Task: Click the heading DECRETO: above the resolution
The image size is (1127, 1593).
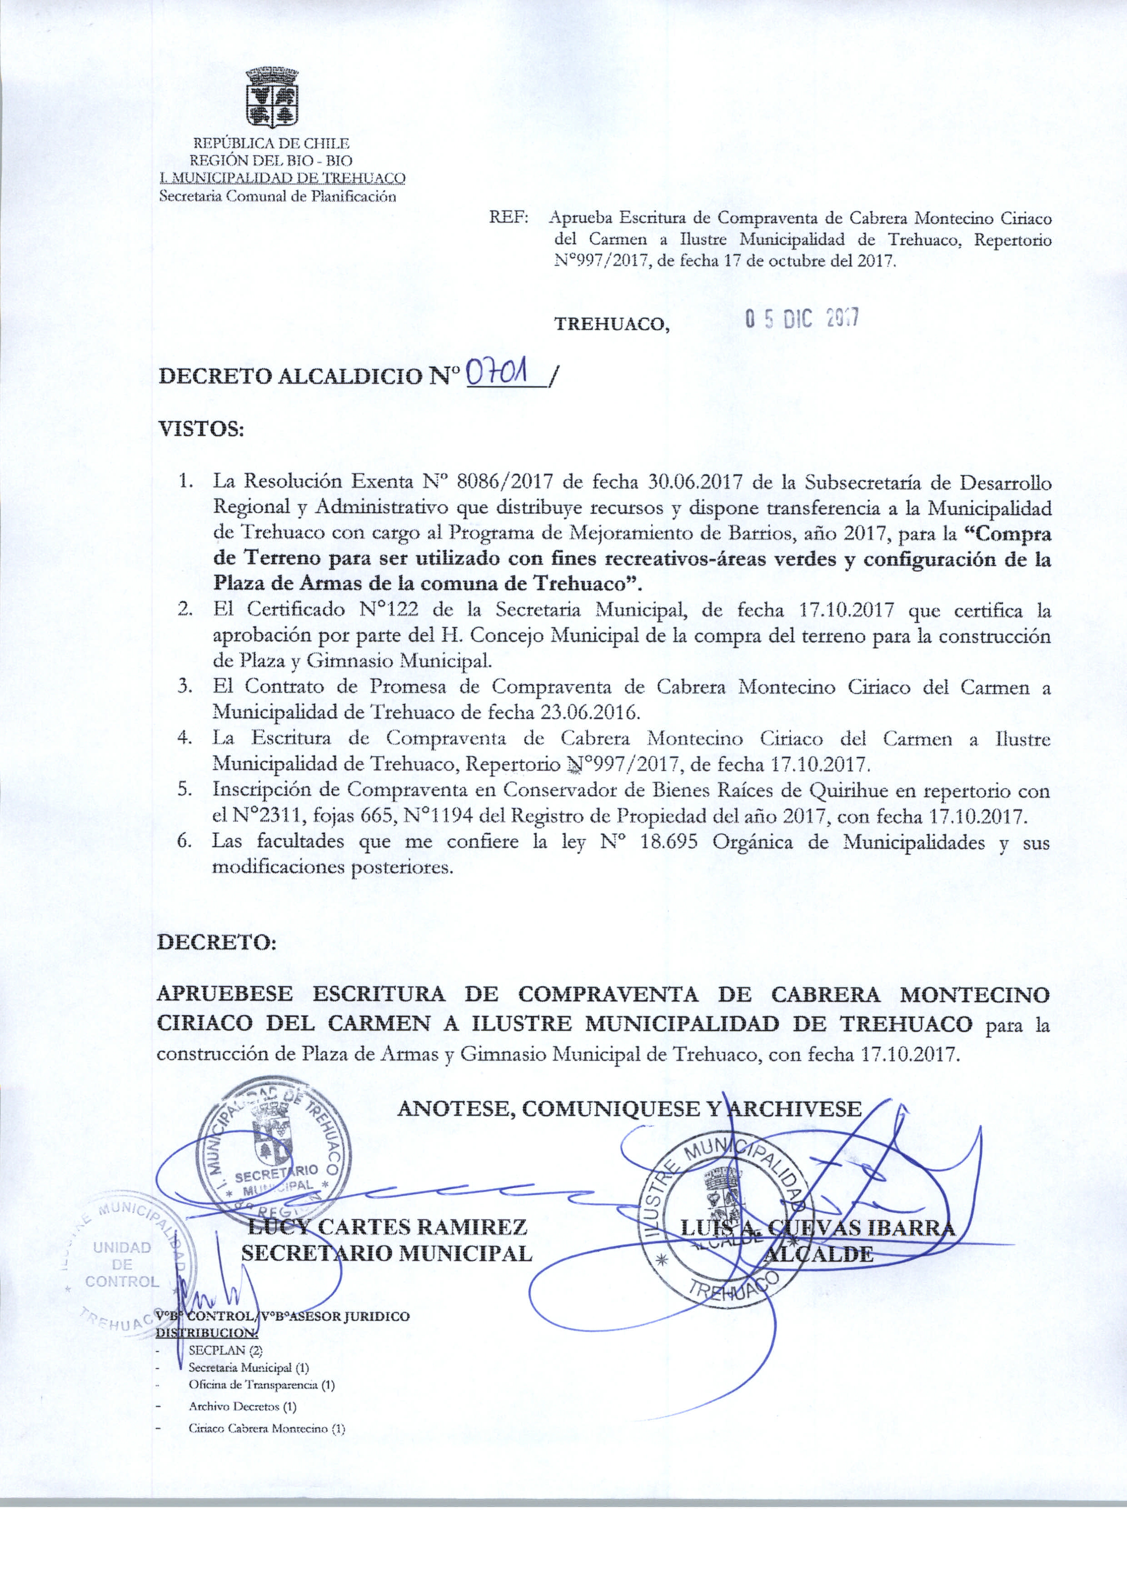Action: coord(216,942)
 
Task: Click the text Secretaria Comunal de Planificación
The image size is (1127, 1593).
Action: coord(278,196)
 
